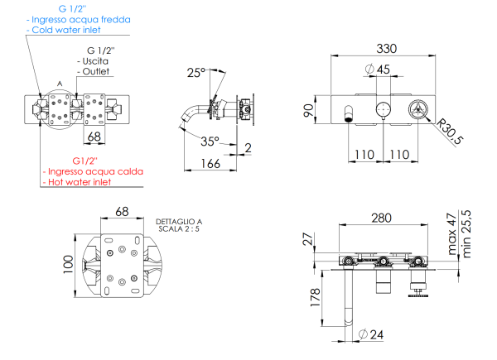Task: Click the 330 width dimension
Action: point(385,48)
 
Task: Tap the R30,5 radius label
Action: point(448,129)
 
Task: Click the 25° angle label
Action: point(195,73)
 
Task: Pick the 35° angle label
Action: point(210,141)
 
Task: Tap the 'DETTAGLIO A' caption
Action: point(178,222)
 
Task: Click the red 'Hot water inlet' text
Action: point(80,181)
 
